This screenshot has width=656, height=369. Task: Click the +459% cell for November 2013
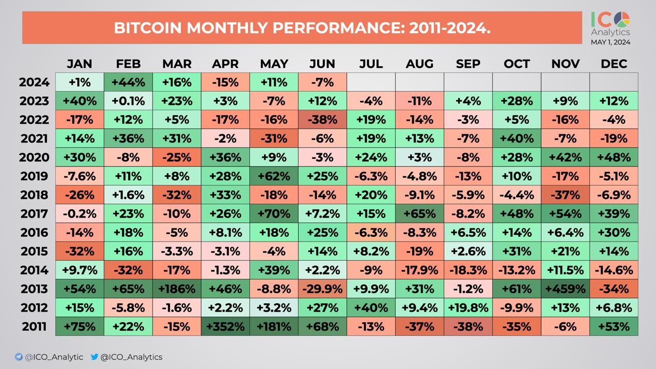click(x=565, y=289)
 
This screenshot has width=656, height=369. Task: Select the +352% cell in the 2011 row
click(x=225, y=326)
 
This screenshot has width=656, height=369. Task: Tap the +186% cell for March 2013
click(x=177, y=289)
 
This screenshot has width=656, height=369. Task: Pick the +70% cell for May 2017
click(x=274, y=214)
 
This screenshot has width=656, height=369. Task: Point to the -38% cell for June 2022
click(x=322, y=120)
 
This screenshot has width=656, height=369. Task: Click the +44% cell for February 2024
click(x=128, y=82)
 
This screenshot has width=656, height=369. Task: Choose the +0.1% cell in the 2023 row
click(x=128, y=101)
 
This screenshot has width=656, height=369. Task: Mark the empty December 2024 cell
click(x=614, y=82)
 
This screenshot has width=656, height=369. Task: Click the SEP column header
click(x=468, y=64)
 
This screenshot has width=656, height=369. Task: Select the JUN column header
click(x=322, y=64)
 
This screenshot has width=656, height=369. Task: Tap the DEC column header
click(x=614, y=64)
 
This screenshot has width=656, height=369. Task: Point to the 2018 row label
click(x=34, y=195)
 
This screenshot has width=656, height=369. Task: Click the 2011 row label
click(x=34, y=326)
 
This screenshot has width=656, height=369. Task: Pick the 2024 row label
click(x=34, y=82)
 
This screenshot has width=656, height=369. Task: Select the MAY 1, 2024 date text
click(x=610, y=43)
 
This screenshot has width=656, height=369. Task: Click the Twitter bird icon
click(x=94, y=357)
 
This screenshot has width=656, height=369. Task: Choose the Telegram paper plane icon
click(x=18, y=357)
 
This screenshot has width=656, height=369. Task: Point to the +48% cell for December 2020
click(x=614, y=157)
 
